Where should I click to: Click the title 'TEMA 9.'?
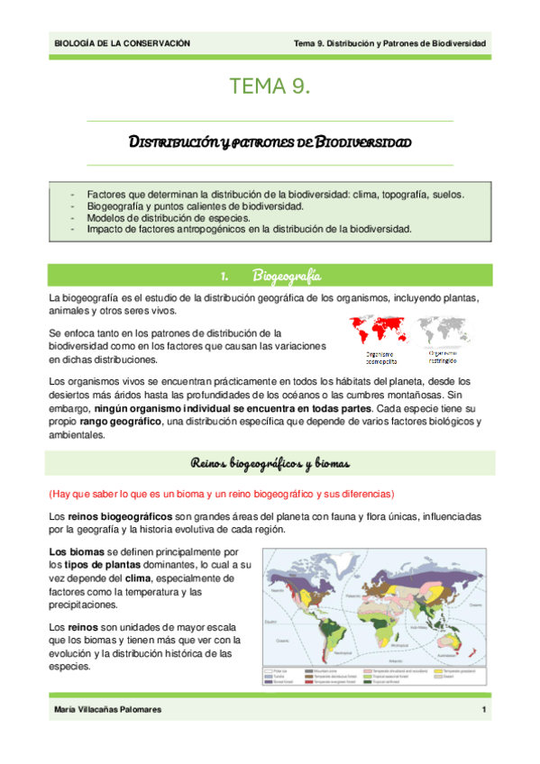click(x=270, y=87)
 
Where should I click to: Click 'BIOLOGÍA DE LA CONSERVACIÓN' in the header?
click(x=123, y=42)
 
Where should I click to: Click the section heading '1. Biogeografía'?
click(x=270, y=274)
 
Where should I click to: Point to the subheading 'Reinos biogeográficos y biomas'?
click(x=270, y=463)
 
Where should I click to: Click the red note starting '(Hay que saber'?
click(x=221, y=494)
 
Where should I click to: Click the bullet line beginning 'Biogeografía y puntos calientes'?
click(x=188, y=205)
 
